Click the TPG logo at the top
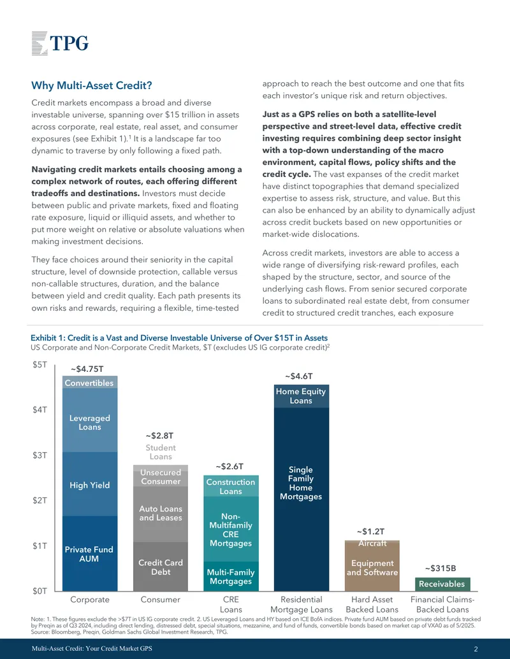point(60,43)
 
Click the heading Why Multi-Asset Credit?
point(91,86)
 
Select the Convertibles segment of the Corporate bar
point(90,383)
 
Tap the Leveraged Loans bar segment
point(90,420)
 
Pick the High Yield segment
point(90,484)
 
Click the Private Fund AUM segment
point(90,553)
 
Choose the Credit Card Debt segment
point(160,567)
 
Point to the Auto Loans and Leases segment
point(160,514)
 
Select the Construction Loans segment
point(231,486)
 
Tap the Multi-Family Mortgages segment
point(231,576)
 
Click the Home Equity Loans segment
point(302,396)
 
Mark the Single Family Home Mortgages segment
point(302,499)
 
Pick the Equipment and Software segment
point(372,567)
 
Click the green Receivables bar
point(442,585)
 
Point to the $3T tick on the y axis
point(40,455)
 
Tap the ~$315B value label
point(441,568)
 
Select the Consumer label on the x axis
point(160,600)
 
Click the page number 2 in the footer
point(476,649)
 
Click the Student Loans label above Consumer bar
point(161,452)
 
